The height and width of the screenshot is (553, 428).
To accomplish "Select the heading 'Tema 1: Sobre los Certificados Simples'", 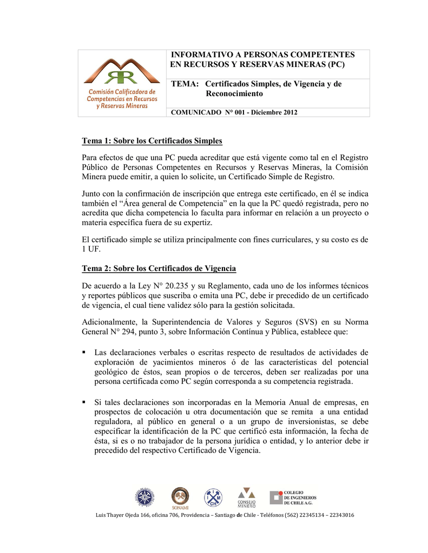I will pyautogui.click(x=152, y=141).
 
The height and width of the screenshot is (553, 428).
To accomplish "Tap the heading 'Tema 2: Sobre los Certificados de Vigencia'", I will pyautogui.click(x=159, y=268).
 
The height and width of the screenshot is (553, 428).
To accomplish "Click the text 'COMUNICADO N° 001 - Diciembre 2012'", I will pyautogui.click(x=234, y=112).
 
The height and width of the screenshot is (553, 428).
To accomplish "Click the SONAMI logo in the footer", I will pyautogui.click(x=180, y=497).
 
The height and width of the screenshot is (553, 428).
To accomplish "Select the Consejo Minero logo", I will pyautogui.click(x=247, y=497).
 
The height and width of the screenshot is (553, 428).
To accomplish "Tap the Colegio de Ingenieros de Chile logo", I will pyautogui.click(x=293, y=497).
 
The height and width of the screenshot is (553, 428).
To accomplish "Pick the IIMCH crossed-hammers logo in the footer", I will pyautogui.click(x=213, y=497).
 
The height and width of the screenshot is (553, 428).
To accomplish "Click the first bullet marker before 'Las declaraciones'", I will pyautogui.click(x=84, y=352).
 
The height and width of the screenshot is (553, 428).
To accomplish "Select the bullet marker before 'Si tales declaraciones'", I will pyautogui.click(x=84, y=402).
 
